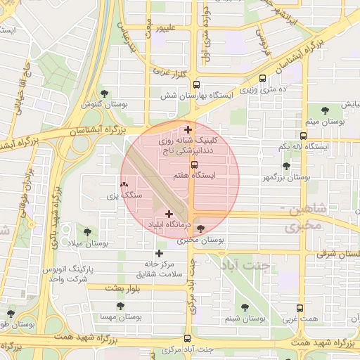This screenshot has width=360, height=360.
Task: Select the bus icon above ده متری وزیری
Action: pyautogui.click(x=263, y=79)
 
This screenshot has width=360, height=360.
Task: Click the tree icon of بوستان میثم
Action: pyautogui.click(x=325, y=110)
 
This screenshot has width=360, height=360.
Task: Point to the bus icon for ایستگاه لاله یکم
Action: pyautogui.click(x=303, y=135)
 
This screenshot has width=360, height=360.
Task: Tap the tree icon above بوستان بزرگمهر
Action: pyautogui.click(x=285, y=167)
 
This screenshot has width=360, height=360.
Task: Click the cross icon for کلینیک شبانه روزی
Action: pyautogui.click(x=188, y=129)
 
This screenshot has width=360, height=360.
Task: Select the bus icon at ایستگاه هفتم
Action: pyautogui.click(x=195, y=165)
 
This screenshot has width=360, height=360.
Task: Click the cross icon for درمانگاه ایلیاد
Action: pyautogui.click(x=169, y=213)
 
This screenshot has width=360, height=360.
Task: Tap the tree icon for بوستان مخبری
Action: pyautogui.click(x=202, y=229)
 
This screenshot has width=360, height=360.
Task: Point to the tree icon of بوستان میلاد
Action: pyautogui.click(x=87, y=231)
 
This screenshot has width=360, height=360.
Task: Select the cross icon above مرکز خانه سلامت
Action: pyautogui.click(x=160, y=253)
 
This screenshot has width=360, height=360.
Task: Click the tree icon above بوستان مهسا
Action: pyautogui.click(x=121, y=307)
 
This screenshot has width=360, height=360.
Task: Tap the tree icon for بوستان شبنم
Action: pyautogui.click(x=245, y=307)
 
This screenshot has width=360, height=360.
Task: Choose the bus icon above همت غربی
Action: pyautogui.click(x=300, y=308)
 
